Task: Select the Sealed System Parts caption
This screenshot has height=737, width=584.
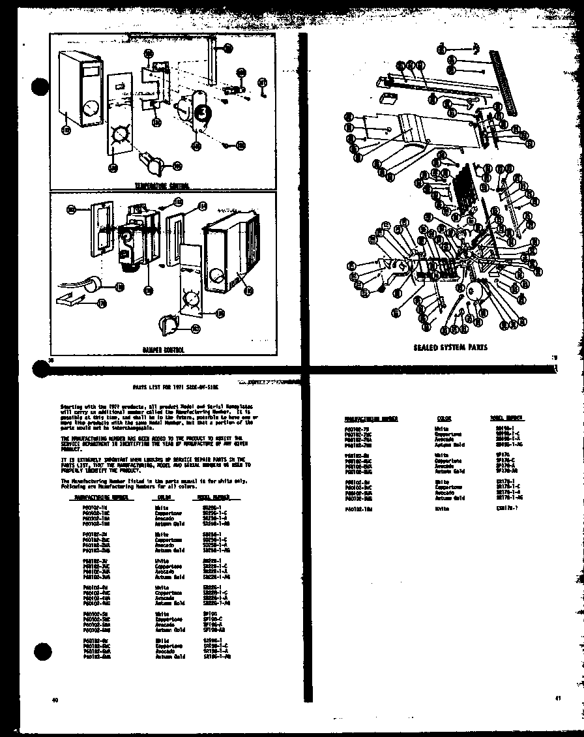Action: (x=450, y=347)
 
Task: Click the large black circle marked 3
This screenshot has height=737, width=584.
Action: (x=203, y=112)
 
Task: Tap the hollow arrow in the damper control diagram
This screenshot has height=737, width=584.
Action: (x=78, y=301)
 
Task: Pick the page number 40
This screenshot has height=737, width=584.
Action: (x=55, y=700)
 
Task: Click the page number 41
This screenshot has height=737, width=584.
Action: (x=558, y=699)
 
